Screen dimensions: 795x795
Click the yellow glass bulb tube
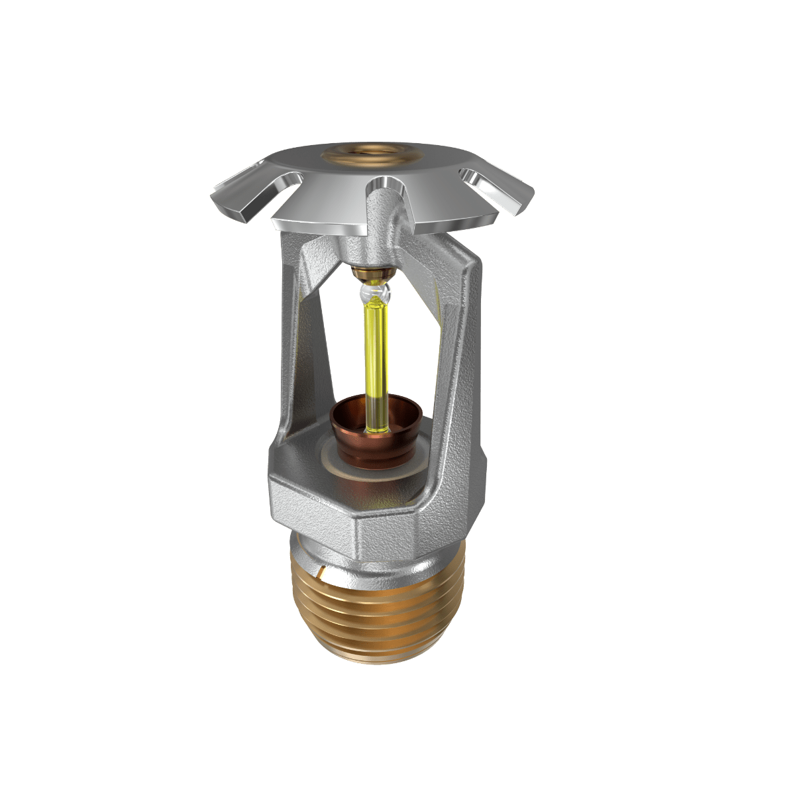pyautogui.click(x=375, y=351)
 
